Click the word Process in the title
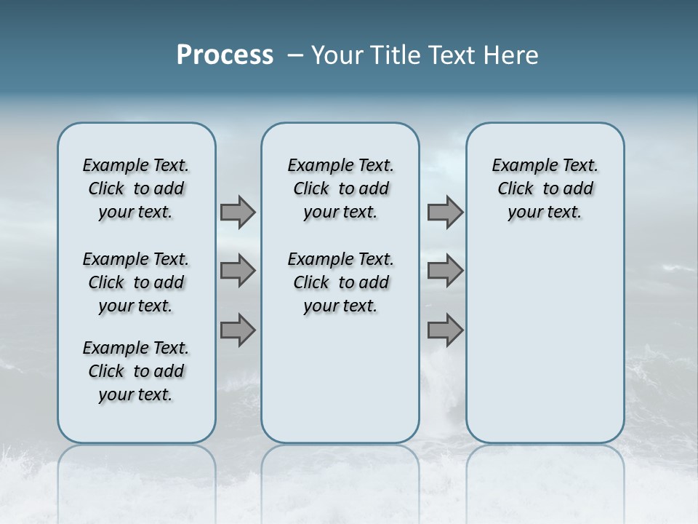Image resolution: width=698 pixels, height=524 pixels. [225, 55]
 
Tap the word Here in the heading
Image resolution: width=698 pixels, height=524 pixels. [512, 55]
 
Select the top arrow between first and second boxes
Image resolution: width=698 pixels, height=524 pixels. [237, 212]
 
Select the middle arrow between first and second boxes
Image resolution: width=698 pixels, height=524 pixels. [237, 271]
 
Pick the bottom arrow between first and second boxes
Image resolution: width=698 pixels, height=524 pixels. [237, 330]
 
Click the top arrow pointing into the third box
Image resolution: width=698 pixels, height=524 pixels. [445, 212]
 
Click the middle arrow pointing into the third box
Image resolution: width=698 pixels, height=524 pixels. [445, 271]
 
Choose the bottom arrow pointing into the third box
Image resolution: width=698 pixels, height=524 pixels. [445, 330]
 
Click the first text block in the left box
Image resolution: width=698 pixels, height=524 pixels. [136, 188]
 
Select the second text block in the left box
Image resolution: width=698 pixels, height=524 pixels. [136, 282]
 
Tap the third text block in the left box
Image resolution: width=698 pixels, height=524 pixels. [136, 371]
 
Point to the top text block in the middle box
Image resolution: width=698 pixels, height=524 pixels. [340, 188]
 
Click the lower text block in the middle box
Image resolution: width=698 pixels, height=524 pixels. [340, 282]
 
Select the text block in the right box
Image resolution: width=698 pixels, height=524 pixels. [545, 188]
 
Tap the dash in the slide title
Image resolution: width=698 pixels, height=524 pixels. [295, 56]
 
